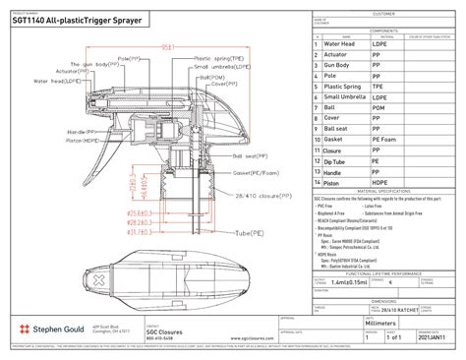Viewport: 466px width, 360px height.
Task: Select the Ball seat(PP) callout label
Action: pos(255,155)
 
